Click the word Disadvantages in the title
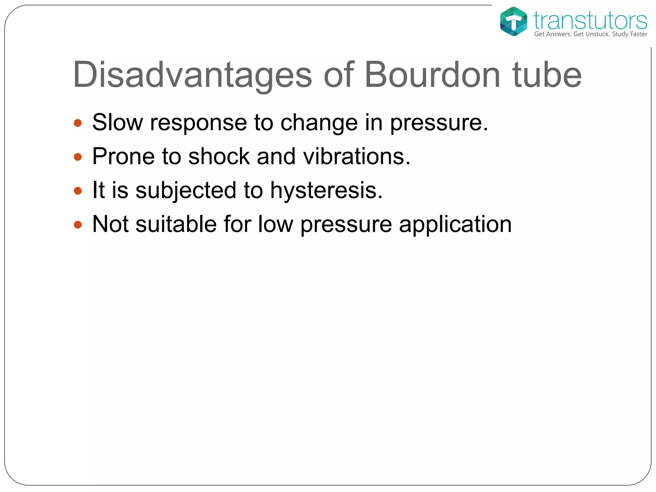click(x=192, y=75)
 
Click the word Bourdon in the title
click(x=432, y=75)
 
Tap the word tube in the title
click(x=547, y=75)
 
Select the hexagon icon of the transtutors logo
click(x=513, y=21)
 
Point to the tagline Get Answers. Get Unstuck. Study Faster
click(x=590, y=34)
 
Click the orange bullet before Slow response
click(x=78, y=123)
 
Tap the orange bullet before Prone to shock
click(x=78, y=157)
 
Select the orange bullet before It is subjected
click(x=78, y=191)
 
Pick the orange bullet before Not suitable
click(x=78, y=225)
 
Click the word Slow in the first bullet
click(x=118, y=122)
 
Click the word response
click(x=199, y=123)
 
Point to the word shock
click(x=219, y=156)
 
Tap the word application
click(x=455, y=225)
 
